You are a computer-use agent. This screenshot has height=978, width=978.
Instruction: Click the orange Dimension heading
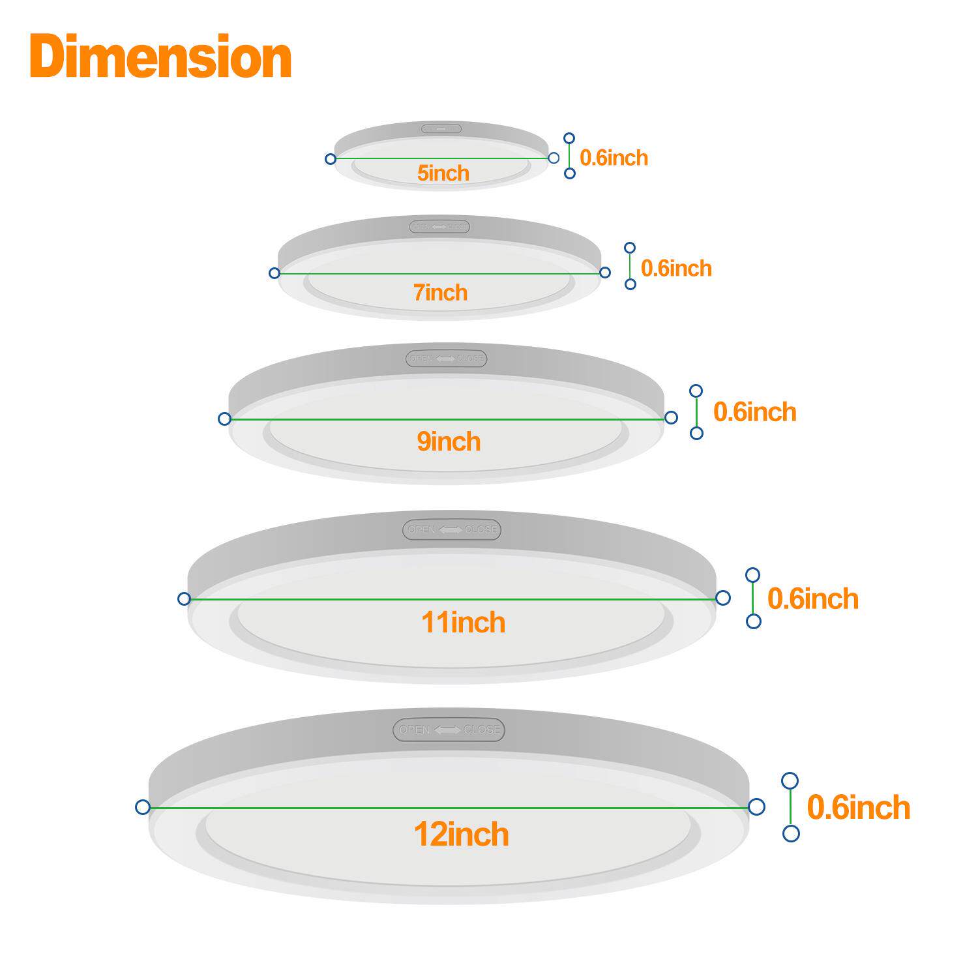click(x=160, y=57)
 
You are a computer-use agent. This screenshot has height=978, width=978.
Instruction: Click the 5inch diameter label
click(x=443, y=173)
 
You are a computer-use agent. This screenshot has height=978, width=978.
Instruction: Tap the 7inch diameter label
click(x=441, y=293)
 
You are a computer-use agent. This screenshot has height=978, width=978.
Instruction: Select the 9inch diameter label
click(x=449, y=442)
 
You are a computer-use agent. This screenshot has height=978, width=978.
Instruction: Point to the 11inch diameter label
click(x=463, y=623)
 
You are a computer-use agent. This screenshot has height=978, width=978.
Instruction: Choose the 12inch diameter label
click(x=462, y=835)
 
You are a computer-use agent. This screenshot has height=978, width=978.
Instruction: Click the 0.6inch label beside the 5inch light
click(x=614, y=158)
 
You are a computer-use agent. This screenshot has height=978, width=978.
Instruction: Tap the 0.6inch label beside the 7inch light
click(x=676, y=269)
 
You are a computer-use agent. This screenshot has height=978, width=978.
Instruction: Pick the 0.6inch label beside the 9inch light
click(x=754, y=412)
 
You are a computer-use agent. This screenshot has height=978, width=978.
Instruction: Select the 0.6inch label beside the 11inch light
click(x=812, y=599)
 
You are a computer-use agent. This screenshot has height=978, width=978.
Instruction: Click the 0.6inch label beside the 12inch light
click(x=858, y=808)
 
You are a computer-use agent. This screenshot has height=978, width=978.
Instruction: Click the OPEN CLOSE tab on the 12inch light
click(x=449, y=730)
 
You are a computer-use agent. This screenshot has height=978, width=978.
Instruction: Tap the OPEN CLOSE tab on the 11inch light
click(x=452, y=529)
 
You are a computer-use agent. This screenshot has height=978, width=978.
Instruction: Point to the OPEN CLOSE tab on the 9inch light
click(x=447, y=359)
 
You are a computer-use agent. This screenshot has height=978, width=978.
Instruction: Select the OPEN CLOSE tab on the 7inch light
click(x=439, y=227)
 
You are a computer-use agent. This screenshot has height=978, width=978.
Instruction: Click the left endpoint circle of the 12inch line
click(x=143, y=807)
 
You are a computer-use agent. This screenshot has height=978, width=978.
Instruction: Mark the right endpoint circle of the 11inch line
click(x=722, y=597)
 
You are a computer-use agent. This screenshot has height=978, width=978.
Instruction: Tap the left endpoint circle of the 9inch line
click(x=224, y=419)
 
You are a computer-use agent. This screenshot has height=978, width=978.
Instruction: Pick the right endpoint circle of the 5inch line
click(x=554, y=158)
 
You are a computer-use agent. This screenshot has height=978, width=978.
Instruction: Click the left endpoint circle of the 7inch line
click(x=274, y=273)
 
